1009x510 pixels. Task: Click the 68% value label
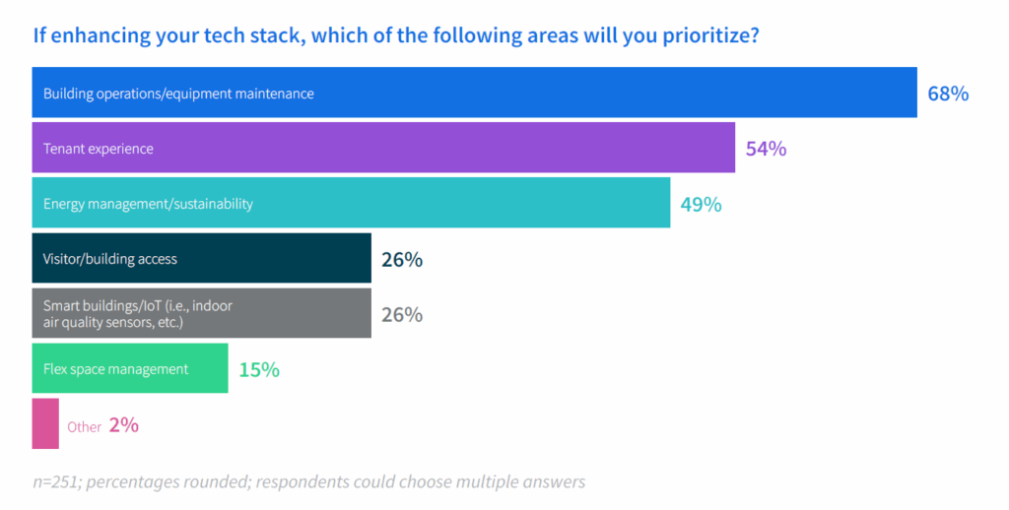point(948,94)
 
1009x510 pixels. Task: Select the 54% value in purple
point(766,149)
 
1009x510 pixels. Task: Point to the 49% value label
point(701,204)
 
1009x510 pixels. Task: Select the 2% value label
point(124,425)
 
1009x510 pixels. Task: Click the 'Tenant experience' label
point(99,149)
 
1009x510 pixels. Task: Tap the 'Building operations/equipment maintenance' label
point(178,94)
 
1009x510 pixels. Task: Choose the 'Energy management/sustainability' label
point(148,204)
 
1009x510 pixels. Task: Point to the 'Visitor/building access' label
point(110,259)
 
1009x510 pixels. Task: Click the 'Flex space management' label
point(115,369)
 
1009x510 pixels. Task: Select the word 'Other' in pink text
point(85,426)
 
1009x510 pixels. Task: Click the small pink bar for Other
point(45,423)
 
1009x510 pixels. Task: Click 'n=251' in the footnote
point(57,481)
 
